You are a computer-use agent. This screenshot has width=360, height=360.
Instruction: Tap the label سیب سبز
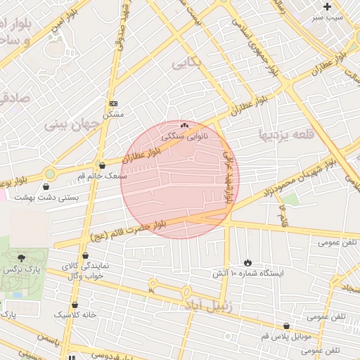click(x=328, y=15)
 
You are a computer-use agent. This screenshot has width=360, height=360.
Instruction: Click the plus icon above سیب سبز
click(x=327, y=6)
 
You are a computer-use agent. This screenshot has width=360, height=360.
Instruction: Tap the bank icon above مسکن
click(x=113, y=103)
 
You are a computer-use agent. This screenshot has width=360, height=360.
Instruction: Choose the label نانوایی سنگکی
click(x=185, y=136)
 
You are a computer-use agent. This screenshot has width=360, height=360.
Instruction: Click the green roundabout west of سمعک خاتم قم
click(x=50, y=173)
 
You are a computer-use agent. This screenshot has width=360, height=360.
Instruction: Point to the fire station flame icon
click(x=247, y=262)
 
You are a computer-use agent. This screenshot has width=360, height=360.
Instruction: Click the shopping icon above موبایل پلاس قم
click(x=287, y=326)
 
